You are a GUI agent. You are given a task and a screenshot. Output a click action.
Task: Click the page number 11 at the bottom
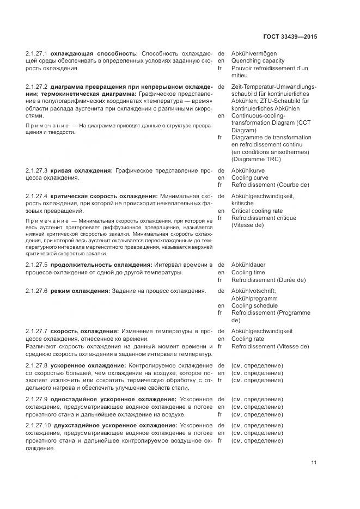tap(314, 463)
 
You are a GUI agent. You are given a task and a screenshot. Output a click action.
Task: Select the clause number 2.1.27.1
tap(36, 54)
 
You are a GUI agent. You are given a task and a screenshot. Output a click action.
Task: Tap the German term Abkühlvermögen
tap(254, 54)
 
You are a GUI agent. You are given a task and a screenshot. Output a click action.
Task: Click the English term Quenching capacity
tap(258, 61)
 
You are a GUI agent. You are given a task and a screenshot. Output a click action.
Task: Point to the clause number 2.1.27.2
tap(36, 87)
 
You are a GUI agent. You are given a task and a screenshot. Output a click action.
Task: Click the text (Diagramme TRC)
tap(253, 159)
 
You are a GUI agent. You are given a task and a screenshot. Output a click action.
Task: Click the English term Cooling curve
tap(249, 177)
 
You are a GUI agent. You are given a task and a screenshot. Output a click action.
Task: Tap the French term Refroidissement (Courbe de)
tap(269, 185)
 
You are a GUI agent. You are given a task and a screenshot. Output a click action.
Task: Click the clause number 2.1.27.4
tap(36, 196)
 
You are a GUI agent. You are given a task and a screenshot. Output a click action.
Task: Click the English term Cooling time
tap(248, 272)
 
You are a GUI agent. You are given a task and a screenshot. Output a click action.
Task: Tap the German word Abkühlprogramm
tap(255, 298)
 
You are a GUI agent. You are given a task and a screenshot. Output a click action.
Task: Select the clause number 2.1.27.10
tap(38, 425)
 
